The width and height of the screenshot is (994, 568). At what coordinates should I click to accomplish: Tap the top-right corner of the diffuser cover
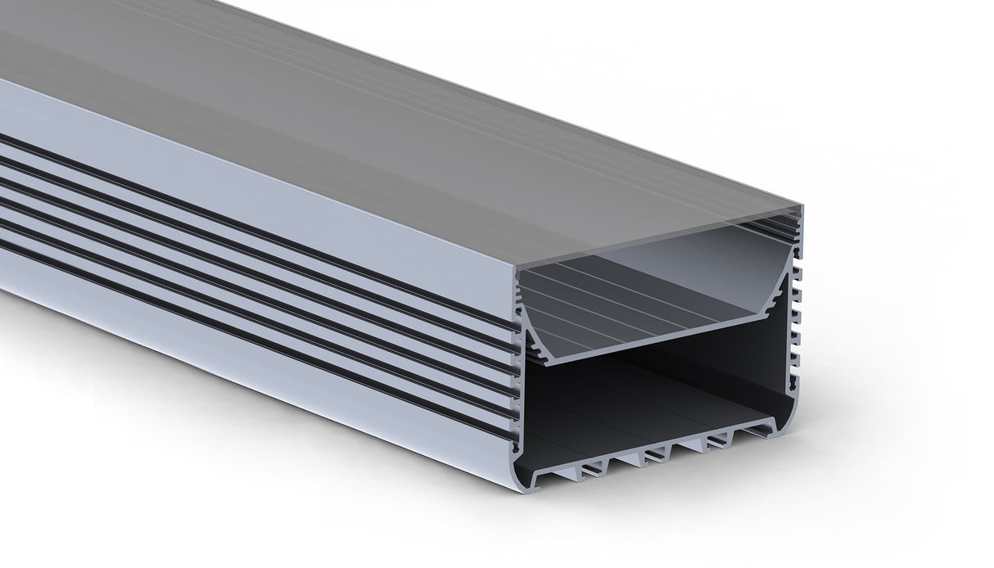pos(803,208)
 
